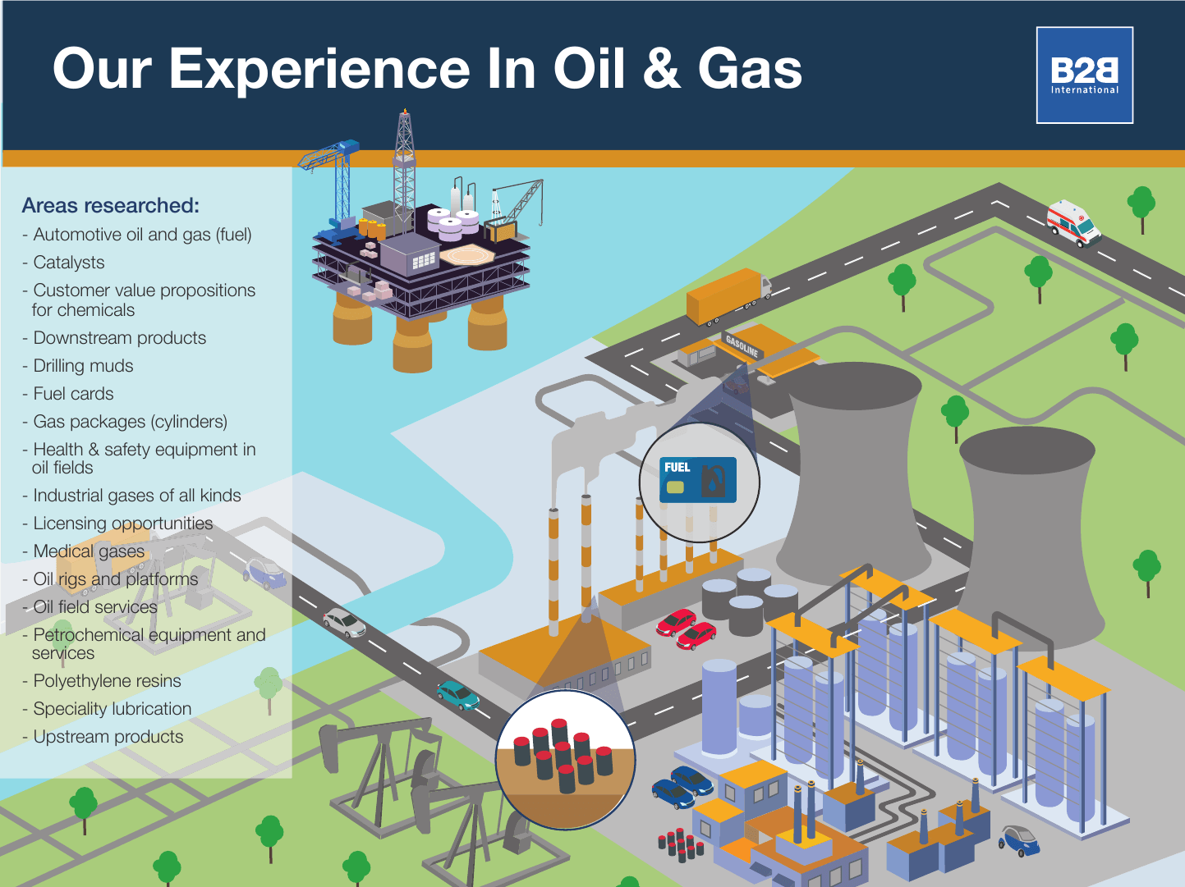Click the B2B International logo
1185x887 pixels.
[1084, 75]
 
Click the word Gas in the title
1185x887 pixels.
[750, 70]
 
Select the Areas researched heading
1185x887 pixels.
[111, 205]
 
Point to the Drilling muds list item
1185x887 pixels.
[78, 366]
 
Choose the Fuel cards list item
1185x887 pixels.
[67, 394]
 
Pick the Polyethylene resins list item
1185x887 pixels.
[102, 680]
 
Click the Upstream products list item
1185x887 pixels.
[103, 737]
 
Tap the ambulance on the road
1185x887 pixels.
[1073, 224]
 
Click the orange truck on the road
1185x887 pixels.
[728, 296]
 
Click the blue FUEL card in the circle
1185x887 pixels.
[697, 480]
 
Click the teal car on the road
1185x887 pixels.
[457, 696]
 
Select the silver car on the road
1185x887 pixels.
[344, 623]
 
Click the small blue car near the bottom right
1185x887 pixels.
[1019, 840]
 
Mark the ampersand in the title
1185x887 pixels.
[661, 70]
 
